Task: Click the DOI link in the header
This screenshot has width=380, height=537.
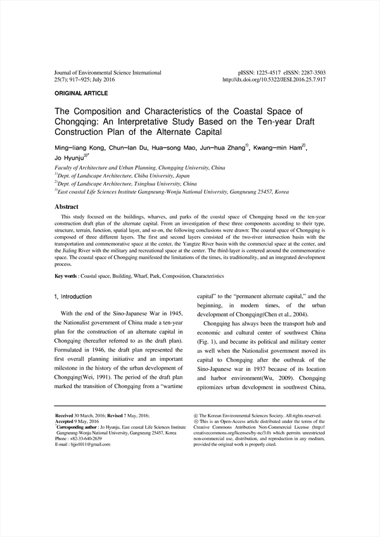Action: click(x=274, y=80)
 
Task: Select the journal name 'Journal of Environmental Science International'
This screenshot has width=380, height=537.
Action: click(x=108, y=73)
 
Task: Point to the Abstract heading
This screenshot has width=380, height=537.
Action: click(x=66, y=207)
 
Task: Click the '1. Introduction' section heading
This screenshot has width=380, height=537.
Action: click(x=74, y=296)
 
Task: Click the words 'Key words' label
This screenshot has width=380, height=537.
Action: click(x=66, y=276)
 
